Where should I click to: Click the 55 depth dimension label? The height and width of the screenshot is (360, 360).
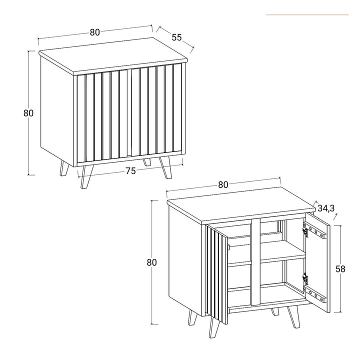click(176, 37)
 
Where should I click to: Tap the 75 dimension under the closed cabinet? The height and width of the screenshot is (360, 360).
click(130, 171)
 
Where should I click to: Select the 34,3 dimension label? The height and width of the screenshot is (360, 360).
click(325, 207)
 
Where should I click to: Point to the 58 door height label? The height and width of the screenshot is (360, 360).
click(340, 269)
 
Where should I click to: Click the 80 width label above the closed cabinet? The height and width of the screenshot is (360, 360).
click(95, 32)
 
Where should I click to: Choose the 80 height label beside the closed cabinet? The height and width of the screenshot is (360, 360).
click(28, 113)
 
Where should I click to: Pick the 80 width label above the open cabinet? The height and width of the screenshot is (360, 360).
click(223, 184)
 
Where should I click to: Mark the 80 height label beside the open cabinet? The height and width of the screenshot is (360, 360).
click(152, 262)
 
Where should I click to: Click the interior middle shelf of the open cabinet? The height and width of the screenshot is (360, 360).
click(282, 257)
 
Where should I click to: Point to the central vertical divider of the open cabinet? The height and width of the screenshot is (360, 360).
click(255, 262)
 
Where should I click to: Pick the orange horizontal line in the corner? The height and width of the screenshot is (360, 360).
click(307, 15)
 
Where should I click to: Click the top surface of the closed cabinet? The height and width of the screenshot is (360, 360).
click(112, 51)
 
